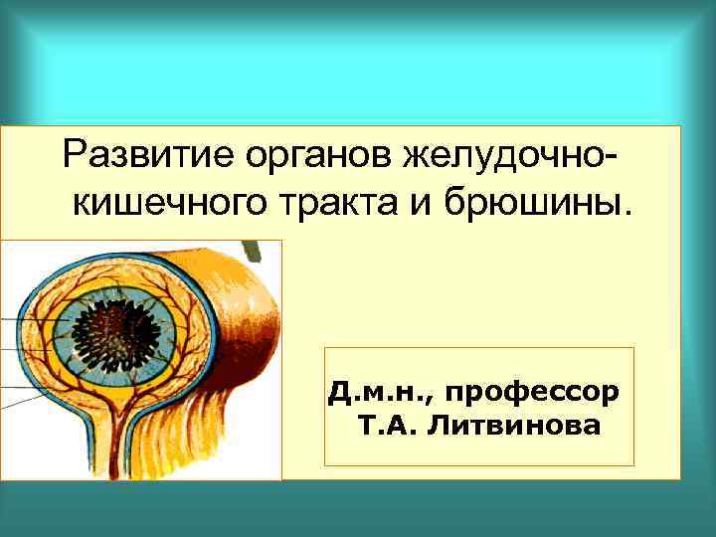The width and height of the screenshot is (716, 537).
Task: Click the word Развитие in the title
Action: click(130, 155)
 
